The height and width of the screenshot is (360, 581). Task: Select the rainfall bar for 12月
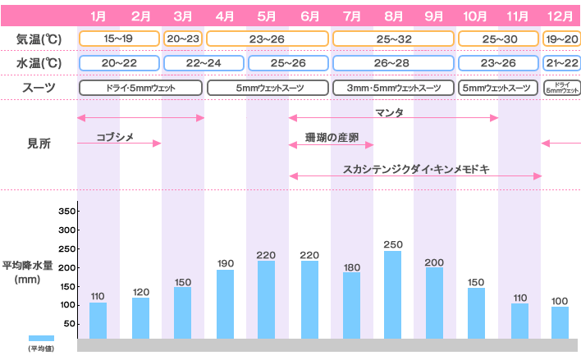click(x=560, y=322)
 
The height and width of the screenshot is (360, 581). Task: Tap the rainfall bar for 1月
click(x=98, y=321)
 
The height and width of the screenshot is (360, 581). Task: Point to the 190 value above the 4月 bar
click(x=225, y=263)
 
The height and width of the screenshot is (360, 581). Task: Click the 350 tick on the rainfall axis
click(x=67, y=211)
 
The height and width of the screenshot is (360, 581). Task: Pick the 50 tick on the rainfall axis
click(x=71, y=324)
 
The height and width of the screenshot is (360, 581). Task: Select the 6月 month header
click(x=309, y=16)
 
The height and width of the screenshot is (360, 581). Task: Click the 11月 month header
click(x=519, y=16)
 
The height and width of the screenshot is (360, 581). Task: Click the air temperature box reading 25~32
click(x=393, y=38)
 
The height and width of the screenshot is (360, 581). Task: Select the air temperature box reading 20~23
click(x=182, y=38)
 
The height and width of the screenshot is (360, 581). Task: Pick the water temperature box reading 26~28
click(x=393, y=63)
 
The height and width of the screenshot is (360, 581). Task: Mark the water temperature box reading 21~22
click(x=560, y=63)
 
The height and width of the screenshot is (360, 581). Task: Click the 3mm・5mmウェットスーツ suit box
click(x=393, y=88)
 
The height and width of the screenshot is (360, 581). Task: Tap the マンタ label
click(x=389, y=112)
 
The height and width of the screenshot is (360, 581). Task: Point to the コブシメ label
click(x=115, y=137)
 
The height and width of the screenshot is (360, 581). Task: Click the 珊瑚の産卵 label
click(x=331, y=138)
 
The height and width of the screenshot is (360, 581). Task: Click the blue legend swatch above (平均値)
click(x=41, y=338)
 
